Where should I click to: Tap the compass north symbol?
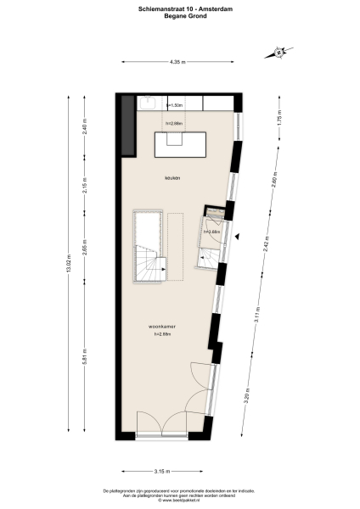pyautogui.click(x=279, y=53)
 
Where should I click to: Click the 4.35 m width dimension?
pyautogui.click(x=177, y=61)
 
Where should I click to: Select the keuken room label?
pyautogui.click(x=173, y=177)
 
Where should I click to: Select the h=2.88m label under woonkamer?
pyautogui.click(x=162, y=334)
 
